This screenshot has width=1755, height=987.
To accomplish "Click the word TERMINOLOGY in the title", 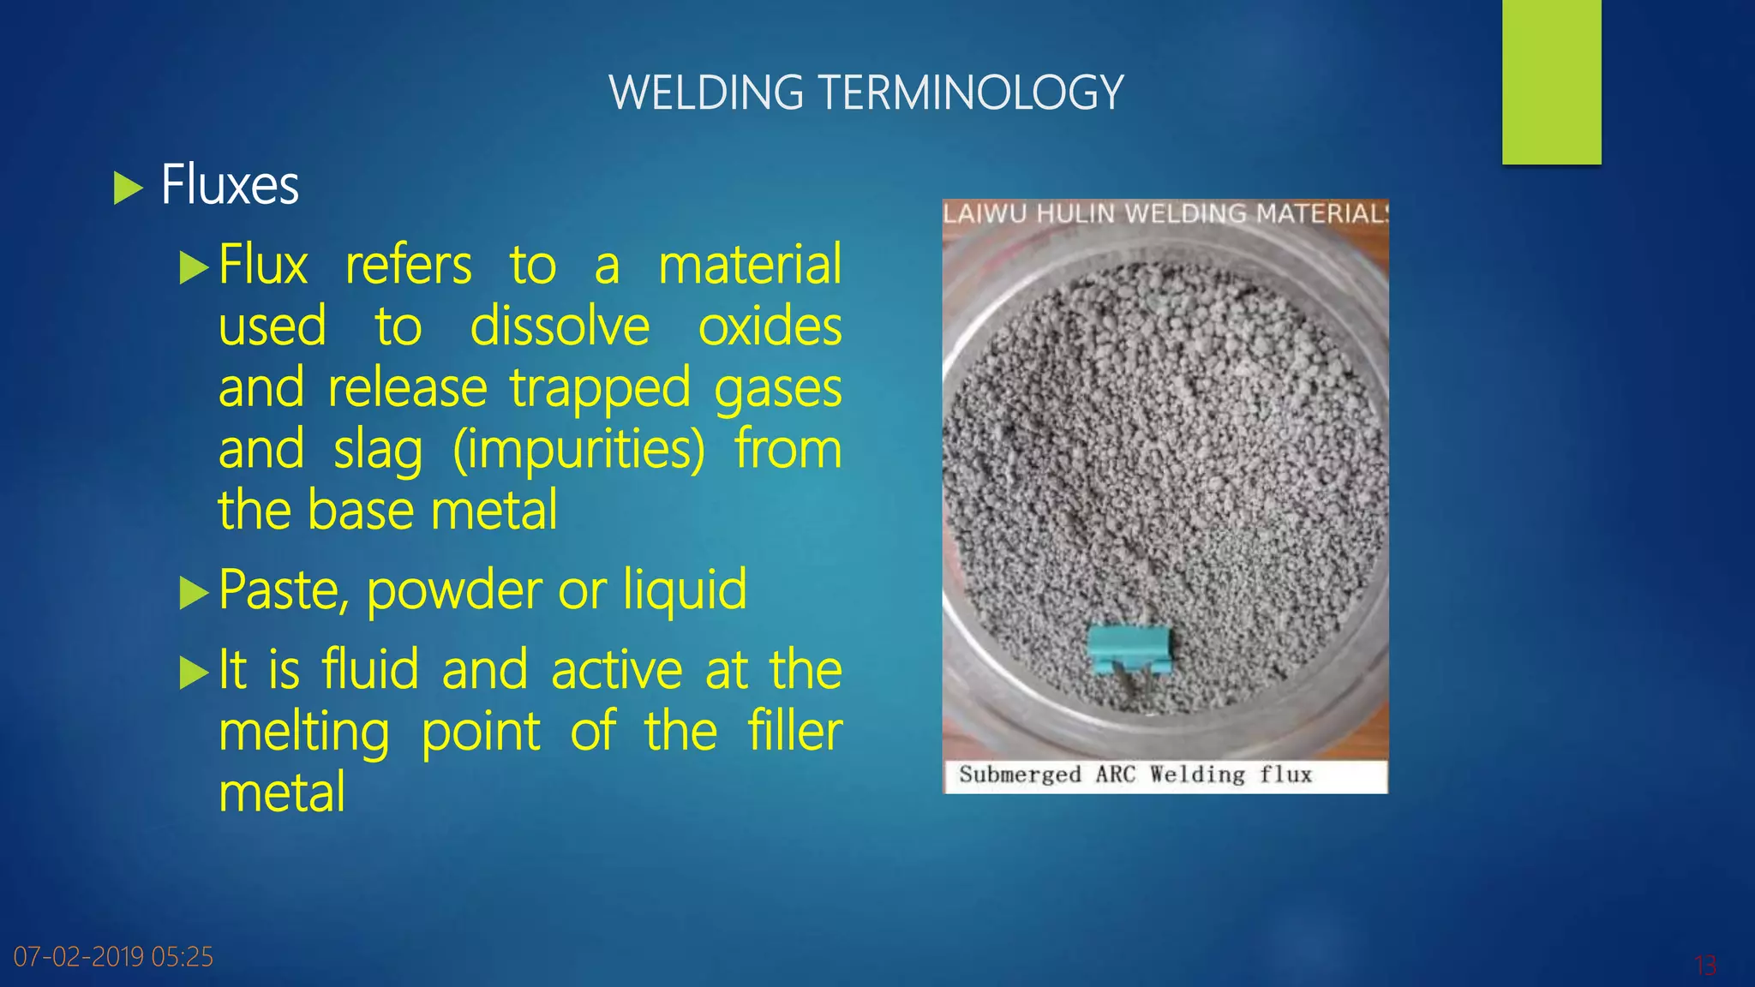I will coord(971,93).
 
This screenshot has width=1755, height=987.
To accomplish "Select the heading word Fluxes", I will coord(230,185).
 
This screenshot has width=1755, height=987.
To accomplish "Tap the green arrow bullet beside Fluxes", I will coord(128,188).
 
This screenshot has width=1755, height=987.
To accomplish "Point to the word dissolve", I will coord(560,326).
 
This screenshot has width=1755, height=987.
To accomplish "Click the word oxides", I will coord(770,326).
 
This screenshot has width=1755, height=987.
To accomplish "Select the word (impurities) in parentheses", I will coord(578,450).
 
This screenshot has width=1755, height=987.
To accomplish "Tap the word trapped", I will coord(600,388).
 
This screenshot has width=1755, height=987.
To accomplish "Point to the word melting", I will coord(304,732).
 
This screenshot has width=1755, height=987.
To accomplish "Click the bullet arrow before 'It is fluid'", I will coord(194,673).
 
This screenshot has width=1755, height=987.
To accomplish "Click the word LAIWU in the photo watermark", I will coord(984,213).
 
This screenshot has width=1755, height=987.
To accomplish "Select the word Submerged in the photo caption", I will coord(1020,775).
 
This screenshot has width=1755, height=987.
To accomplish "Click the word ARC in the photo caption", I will coord(1115,775).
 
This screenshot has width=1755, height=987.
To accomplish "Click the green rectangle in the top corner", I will coord(1551,81).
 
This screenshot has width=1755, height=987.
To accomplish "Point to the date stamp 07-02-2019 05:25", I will coord(113,956).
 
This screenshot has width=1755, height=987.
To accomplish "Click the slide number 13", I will coord(1704,966).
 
